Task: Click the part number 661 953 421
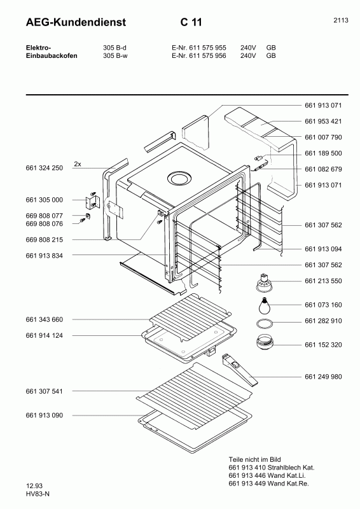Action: coord(323,122)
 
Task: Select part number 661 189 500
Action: coord(323,153)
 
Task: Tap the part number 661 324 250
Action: coord(44,168)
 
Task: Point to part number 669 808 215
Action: coord(44,240)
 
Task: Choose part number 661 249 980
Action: coord(323,377)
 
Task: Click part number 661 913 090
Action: coord(44,415)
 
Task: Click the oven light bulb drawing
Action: coord(265,305)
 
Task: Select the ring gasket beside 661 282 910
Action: coord(265,323)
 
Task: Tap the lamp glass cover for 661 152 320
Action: coord(265,342)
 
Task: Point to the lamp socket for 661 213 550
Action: coord(264,282)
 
